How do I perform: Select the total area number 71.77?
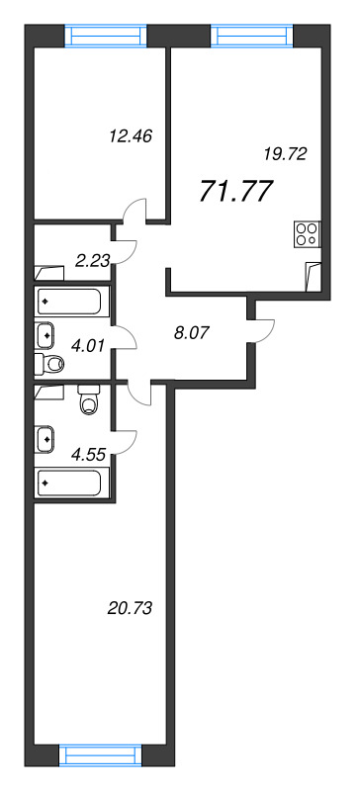click(x=236, y=191)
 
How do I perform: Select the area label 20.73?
click(x=130, y=606)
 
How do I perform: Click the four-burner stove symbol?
click(x=307, y=235)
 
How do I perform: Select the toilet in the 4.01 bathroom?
click(x=51, y=365)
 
